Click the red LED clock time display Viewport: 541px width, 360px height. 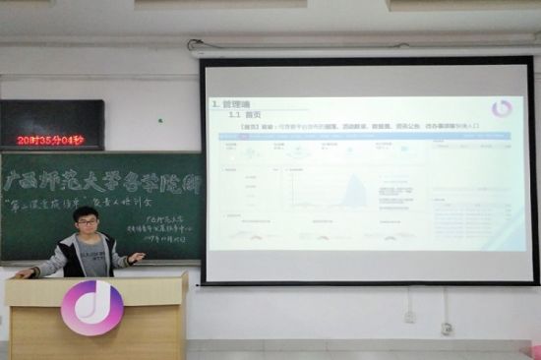click(x=50, y=140)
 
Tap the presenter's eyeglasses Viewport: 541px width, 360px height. click(x=87, y=222)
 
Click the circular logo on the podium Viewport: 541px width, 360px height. click(x=92, y=307)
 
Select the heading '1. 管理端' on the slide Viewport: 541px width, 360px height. click(x=235, y=103)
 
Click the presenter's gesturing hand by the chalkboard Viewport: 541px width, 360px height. click(x=136, y=257)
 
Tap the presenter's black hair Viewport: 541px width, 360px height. click(x=86, y=212)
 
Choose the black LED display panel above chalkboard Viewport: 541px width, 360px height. click(x=51, y=124)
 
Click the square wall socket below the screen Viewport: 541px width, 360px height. click(x=410, y=317)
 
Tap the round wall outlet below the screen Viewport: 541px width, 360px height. click(x=447, y=328)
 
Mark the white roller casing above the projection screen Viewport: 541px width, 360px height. click(x=364, y=48)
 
